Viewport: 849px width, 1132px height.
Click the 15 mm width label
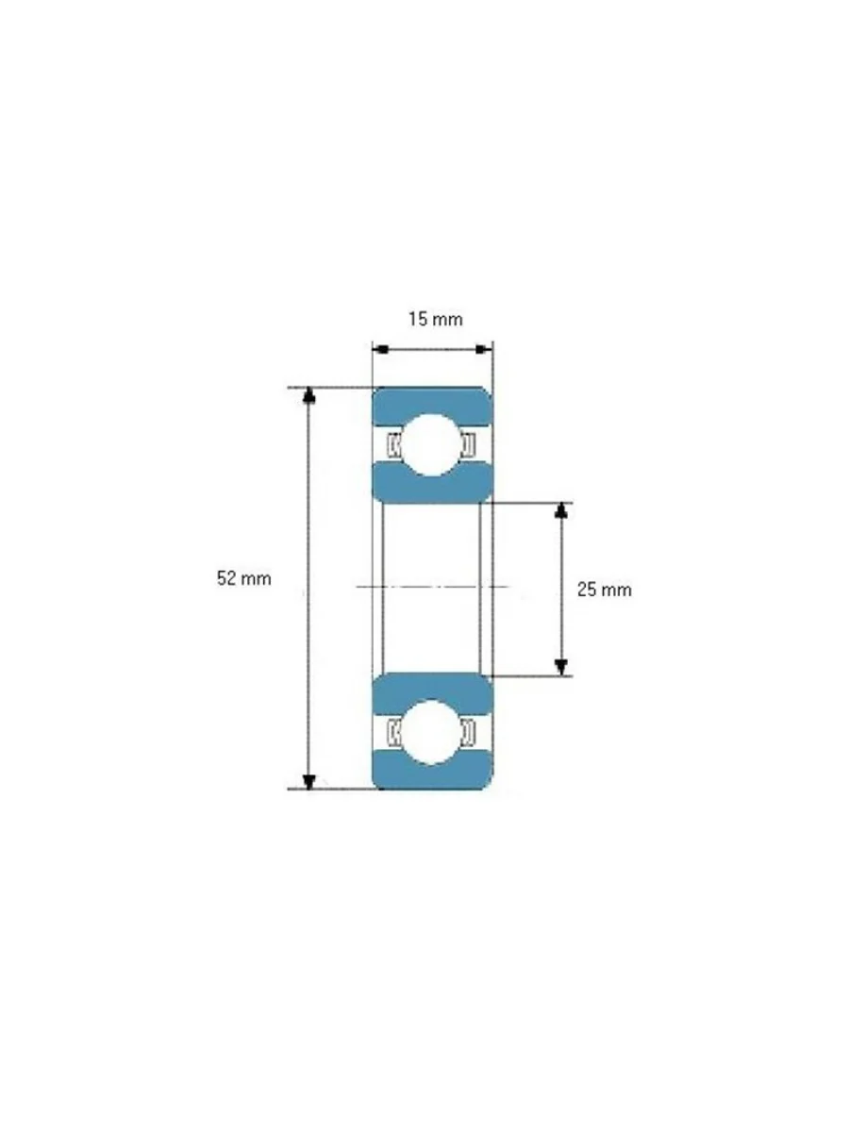(x=436, y=319)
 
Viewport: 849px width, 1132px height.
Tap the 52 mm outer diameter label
(x=243, y=578)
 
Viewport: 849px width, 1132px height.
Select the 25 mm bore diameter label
(x=604, y=590)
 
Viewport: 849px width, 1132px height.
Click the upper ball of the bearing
(x=430, y=444)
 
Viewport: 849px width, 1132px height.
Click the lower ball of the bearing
(x=430, y=732)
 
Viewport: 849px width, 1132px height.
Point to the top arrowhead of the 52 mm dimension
(x=308, y=395)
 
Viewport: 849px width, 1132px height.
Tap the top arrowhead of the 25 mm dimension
(x=562, y=510)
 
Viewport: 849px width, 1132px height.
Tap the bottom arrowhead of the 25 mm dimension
(x=562, y=667)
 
